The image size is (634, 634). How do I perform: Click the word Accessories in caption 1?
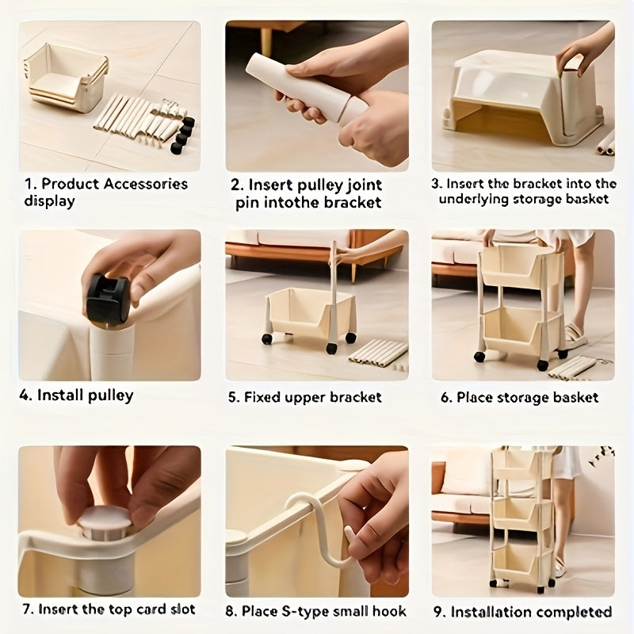[146, 184]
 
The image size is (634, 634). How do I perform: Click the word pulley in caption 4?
[110, 395]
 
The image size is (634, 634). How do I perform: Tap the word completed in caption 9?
[576, 612]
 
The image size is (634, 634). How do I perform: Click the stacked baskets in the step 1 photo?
[67, 78]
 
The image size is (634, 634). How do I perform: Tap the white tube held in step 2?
[307, 87]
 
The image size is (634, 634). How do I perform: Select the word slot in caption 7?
[182, 609]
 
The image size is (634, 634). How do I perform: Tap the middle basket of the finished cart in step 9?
[522, 514]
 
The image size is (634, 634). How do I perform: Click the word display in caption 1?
[49, 201]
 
